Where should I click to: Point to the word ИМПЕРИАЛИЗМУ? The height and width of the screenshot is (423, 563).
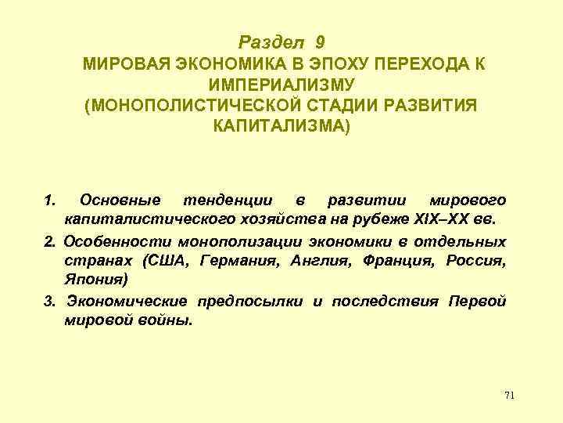click(282, 84)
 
